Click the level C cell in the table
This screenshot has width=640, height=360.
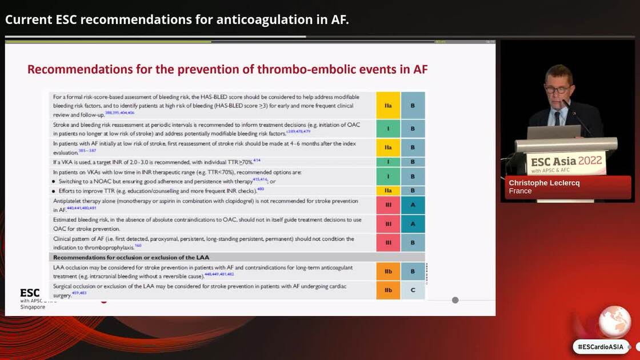(413, 290)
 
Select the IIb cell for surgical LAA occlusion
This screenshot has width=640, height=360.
(388, 290)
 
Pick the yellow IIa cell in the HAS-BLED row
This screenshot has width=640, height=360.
(388, 106)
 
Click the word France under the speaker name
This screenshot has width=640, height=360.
(520, 191)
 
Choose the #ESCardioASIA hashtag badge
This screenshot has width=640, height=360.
(601, 346)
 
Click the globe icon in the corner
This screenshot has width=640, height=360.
(614, 322)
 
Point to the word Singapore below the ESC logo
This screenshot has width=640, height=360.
(33, 307)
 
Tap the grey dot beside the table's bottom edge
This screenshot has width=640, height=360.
(455, 300)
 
